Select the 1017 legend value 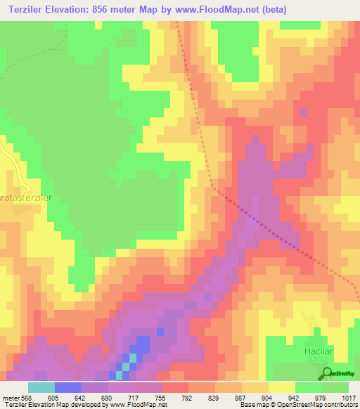(347, 398)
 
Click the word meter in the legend (11, 398)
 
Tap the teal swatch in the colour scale (41, 387)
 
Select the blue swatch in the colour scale (68, 387)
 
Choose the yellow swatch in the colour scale (282, 387)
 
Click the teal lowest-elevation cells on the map (127, 365)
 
